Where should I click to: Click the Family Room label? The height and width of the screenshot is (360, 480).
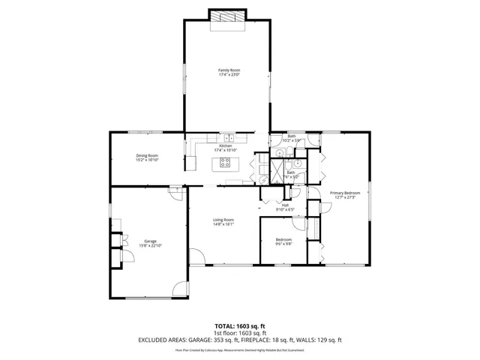tap(229, 70)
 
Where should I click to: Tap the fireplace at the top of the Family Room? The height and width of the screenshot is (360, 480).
tap(227, 17)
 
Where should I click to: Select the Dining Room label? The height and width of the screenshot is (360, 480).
tap(147, 155)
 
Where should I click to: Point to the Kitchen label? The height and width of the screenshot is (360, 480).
tap(226, 145)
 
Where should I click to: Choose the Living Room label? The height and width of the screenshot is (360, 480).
tap(223, 219)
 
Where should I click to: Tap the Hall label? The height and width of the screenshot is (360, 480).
tap(285, 205)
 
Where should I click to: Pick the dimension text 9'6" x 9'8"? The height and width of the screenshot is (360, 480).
tap(283, 244)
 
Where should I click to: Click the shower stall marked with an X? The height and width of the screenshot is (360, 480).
tap(277, 171)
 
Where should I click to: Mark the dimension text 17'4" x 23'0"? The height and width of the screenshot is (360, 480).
tap(229, 75)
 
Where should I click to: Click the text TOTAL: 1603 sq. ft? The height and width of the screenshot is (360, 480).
tap(240, 325)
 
